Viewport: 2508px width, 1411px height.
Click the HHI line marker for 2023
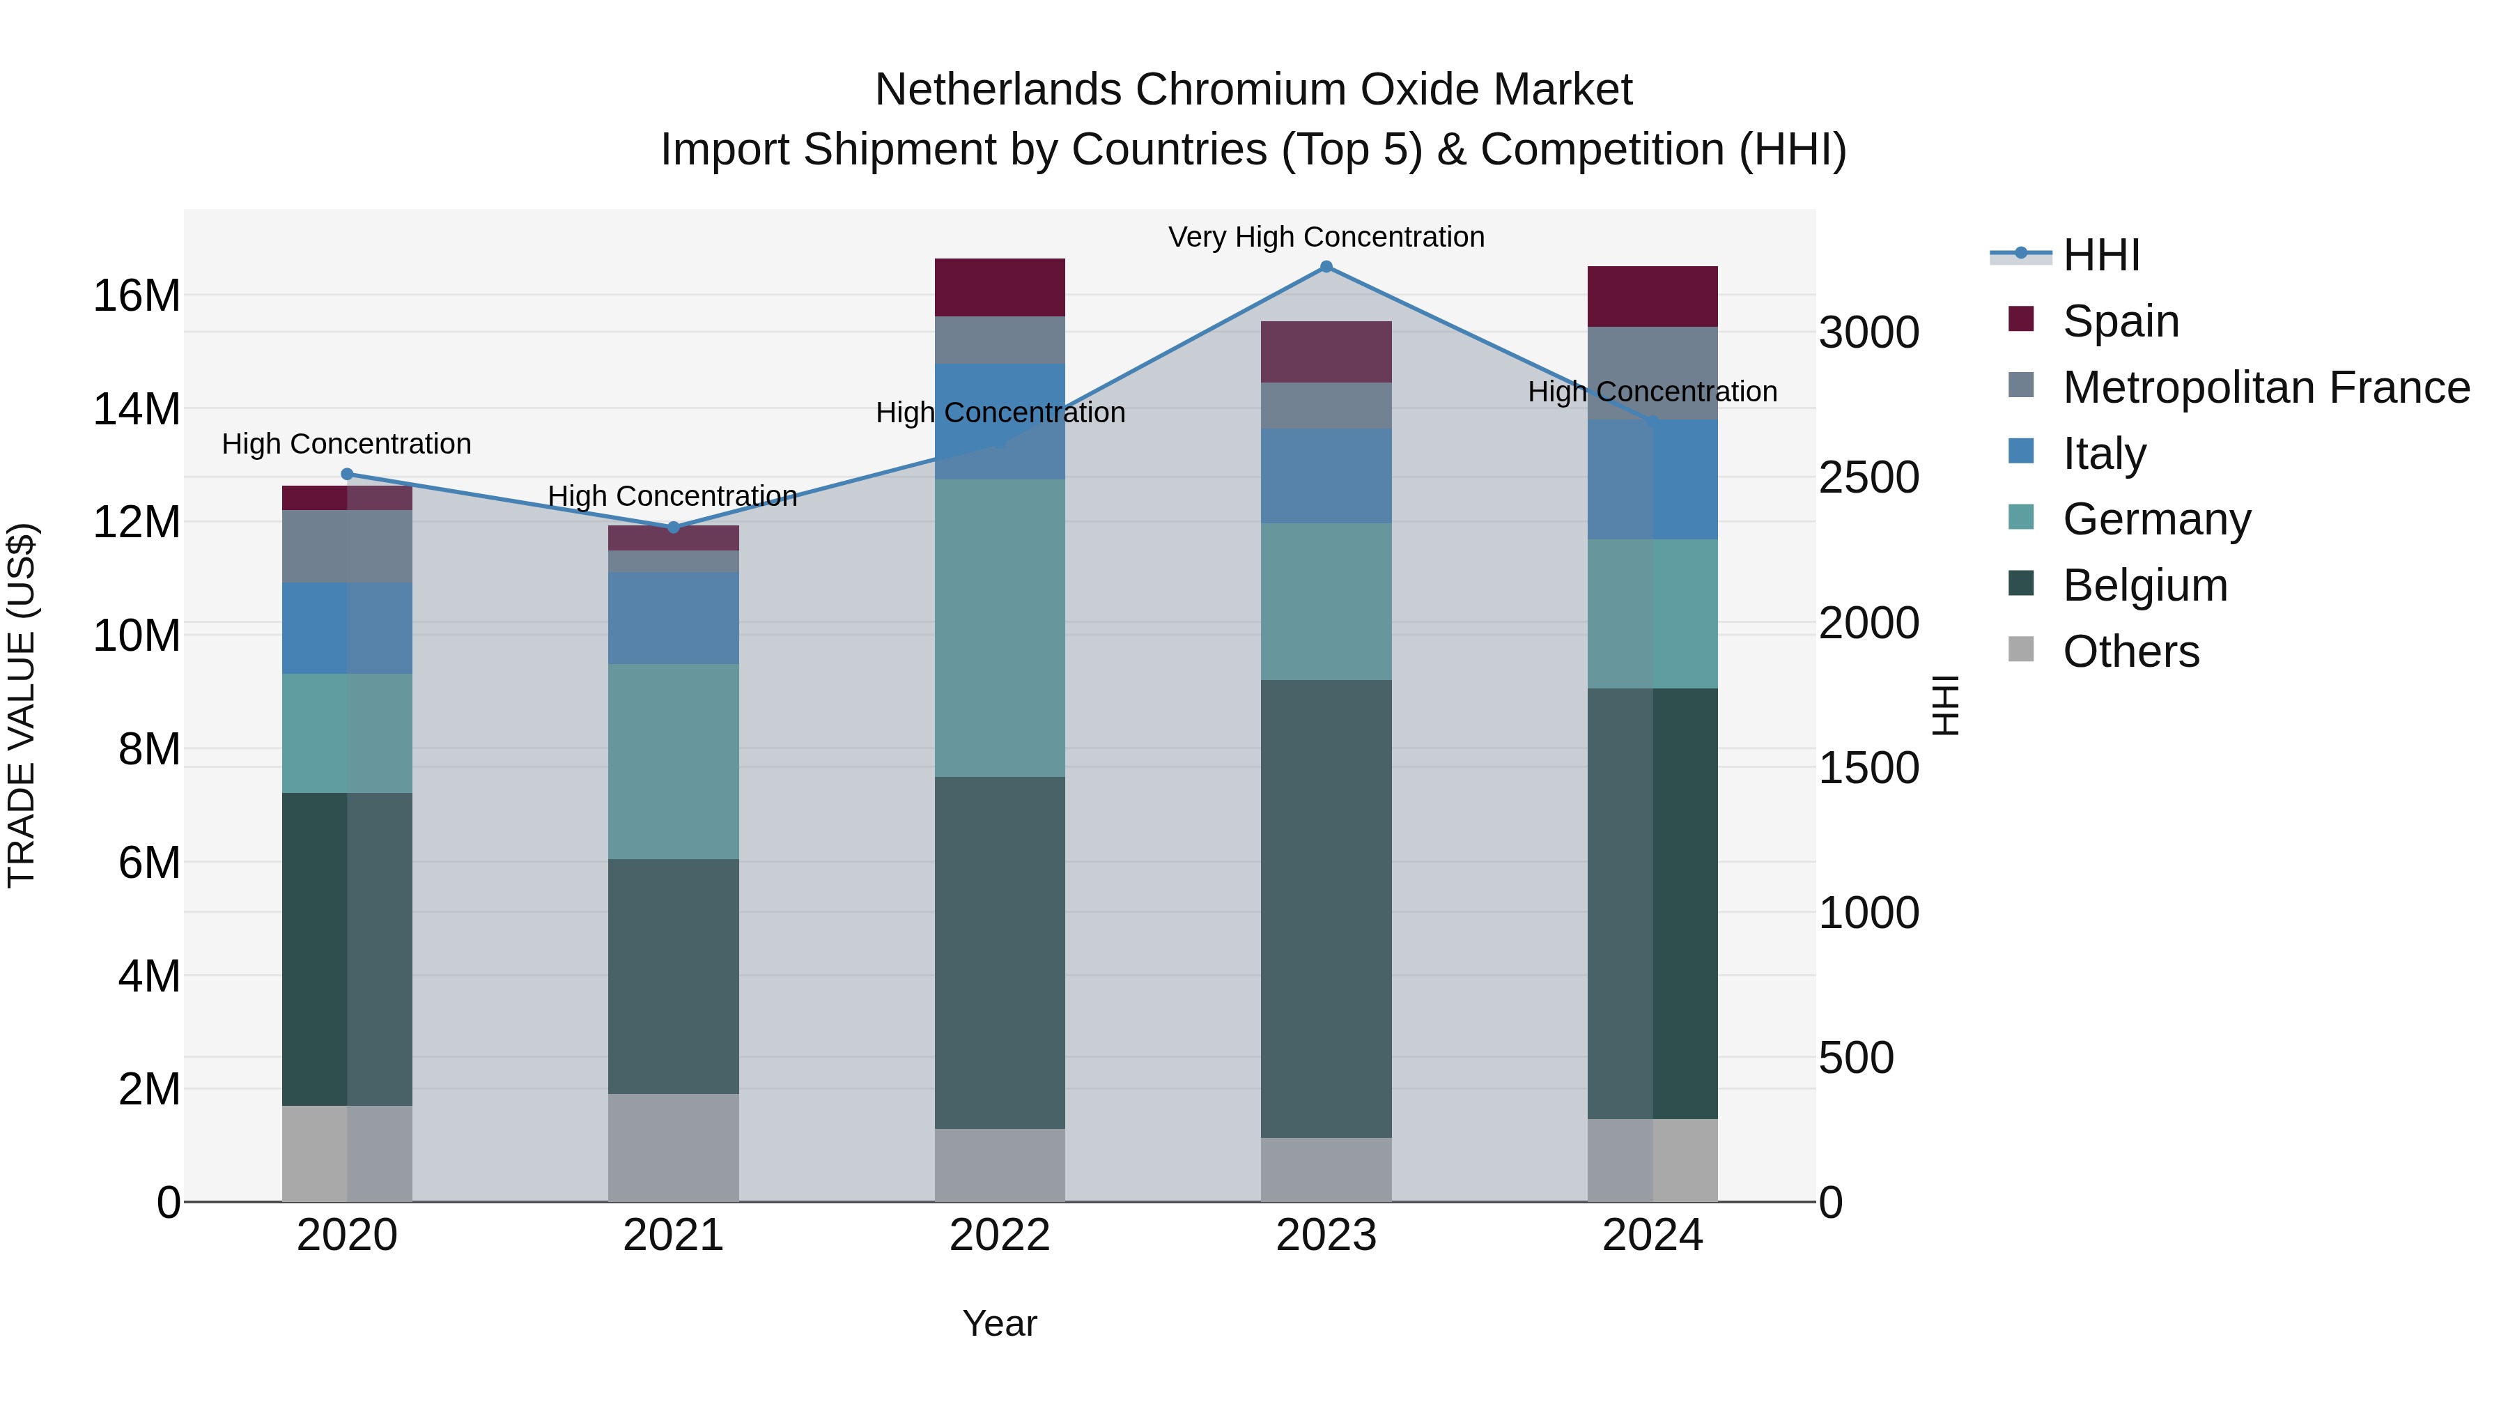(x=1326, y=267)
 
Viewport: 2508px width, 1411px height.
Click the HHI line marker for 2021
(x=673, y=527)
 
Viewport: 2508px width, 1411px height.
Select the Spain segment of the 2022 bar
(x=1000, y=287)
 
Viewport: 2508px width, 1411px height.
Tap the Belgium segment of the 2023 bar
(x=1326, y=909)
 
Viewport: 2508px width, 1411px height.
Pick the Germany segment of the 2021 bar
(x=673, y=762)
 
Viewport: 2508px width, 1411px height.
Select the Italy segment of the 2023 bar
(x=1326, y=476)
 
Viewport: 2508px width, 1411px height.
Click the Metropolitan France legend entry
(x=2266, y=387)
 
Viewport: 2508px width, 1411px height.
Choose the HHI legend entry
(x=2101, y=255)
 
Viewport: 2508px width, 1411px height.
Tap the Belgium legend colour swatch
(x=2021, y=585)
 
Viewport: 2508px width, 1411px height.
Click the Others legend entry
(x=2130, y=651)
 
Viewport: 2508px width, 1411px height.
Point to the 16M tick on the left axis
(x=137, y=295)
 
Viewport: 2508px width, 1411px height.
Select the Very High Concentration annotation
(x=1326, y=237)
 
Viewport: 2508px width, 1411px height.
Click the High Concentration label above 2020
(x=347, y=444)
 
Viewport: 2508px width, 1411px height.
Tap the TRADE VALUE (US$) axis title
(x=22, y=705)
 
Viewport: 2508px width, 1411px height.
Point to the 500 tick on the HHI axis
(x=1856, y=1058)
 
